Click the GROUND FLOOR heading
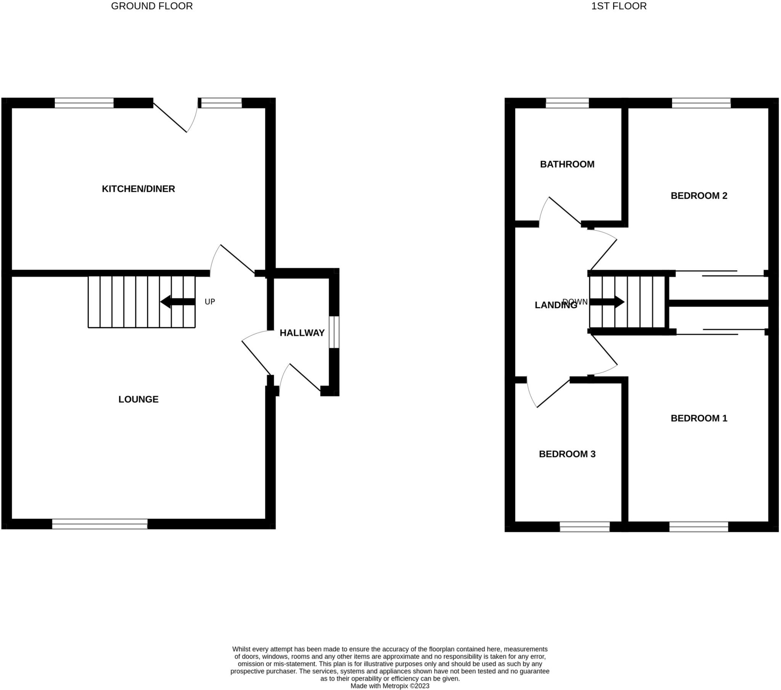[x=152, y=6]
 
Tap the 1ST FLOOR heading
[x=619, y=6]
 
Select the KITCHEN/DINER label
[x=138, y=189]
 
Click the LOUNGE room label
[x=138, y=399]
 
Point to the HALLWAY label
[x=302, y=333]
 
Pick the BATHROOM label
[x=567, y=164]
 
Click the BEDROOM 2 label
[x=699, y=196]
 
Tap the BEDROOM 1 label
[x=699, y=418]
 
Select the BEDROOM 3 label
[x=567, y=454]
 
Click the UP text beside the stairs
[x=210, y=302]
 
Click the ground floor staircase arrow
[x=177, y=302]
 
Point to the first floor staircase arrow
[x=607, y=302]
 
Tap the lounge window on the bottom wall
[x=100, y=524]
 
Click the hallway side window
[x=334, y=332]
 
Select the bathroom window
[x=567, y=103]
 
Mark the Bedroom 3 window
[x=585, y=527]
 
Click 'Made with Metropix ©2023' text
[x=390, y=686]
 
